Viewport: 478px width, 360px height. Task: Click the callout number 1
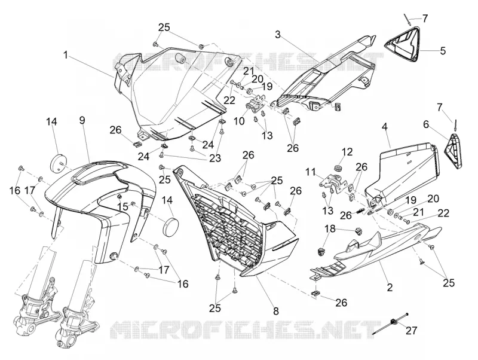(x=65, y=55)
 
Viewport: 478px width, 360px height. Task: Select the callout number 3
(x=277, y=35)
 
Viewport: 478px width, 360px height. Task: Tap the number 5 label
(x=443, y=51)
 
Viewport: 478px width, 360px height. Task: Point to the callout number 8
(x=276, y=311)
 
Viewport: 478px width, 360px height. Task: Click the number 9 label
(x=82, y=120)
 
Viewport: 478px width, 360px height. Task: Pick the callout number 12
(x=347, y=152)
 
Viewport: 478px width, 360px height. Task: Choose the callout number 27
(x=411, y=330)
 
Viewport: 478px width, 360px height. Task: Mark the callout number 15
(x=123, y=207)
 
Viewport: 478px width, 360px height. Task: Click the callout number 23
(x=215, y=158)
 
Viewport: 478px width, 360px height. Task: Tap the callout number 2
(x=390, y=287)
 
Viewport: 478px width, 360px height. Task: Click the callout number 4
(x=385, y=127)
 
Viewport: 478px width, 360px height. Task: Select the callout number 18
(x=330, y=228)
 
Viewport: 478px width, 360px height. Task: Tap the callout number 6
(x=426, y=124)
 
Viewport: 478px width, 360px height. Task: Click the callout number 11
(x=311, y=172)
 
